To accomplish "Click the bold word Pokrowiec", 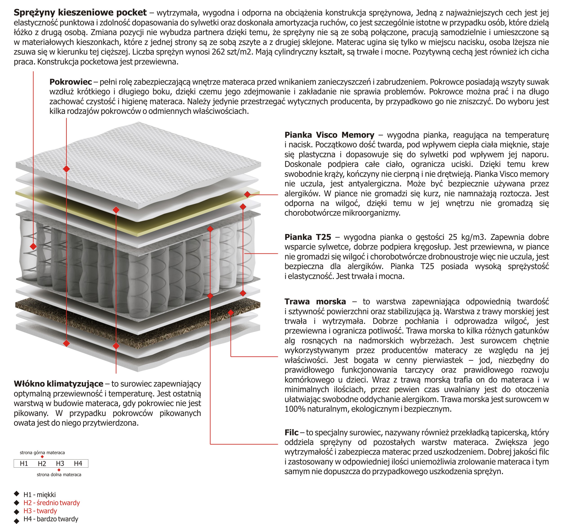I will [71, 82].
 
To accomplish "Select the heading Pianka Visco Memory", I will [329, 135].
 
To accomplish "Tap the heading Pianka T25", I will [308, 237].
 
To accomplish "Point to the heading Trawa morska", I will [315, 301].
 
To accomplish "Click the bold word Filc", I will [291, 433].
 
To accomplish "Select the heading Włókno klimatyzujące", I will [58, 384].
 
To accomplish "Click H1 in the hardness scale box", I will [24, 464].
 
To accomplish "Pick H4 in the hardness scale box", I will [78, 464].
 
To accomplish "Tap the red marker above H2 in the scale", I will [42, 457].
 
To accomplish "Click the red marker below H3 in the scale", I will [59, 470].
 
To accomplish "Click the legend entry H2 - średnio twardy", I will [51, 503].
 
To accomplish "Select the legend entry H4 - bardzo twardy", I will [51, 519].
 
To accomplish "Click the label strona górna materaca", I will [42, 453].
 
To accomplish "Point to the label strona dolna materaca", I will [59, 475].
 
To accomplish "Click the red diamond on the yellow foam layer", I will [247, 194].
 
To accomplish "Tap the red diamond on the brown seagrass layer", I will [231, 312].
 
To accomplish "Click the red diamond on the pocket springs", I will [33, 246].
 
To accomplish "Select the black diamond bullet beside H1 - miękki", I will [17, 494].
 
